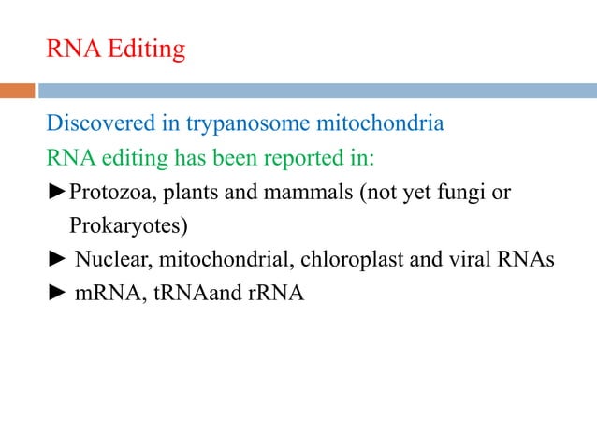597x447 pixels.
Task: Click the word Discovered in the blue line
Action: (x=100, y=123)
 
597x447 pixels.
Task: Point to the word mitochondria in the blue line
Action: (x=384, y=123)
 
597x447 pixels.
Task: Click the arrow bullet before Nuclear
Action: (x=58, y=260)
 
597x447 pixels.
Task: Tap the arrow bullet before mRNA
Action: (x=58, y=294)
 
